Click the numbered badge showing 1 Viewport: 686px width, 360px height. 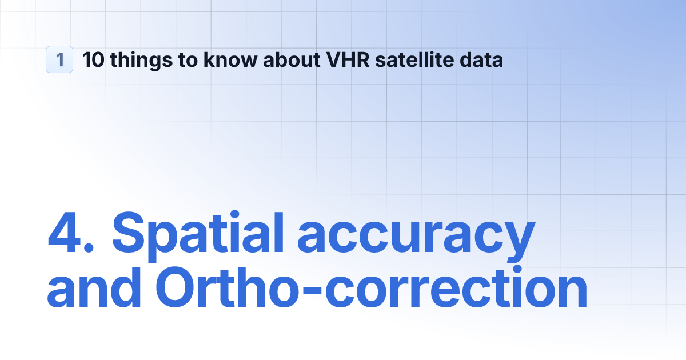(x=59, y=59)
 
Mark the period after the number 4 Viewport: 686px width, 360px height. (x=91, y=249)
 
